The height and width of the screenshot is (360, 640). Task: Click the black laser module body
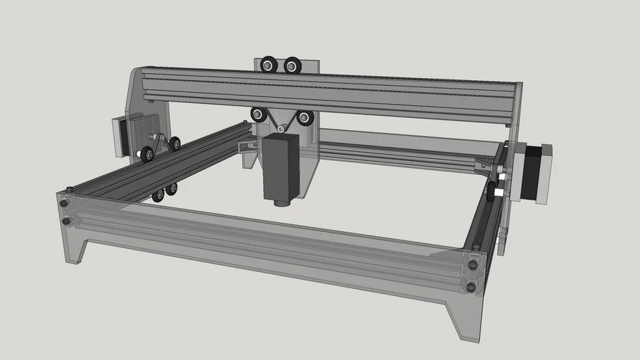pyautogui.click(x=281, y=167)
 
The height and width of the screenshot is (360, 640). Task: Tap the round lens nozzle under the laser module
pyautogui.click(x=281, y=203)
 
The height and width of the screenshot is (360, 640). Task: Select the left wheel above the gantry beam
pyautogui.click(x=269, y=65)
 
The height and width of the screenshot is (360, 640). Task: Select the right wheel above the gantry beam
pyautogui.click(x=292, y=66)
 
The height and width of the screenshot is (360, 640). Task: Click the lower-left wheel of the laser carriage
pyautogui.click(x=259, y=114)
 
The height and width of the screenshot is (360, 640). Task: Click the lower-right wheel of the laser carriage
pyautogui.click(x=305, y=117)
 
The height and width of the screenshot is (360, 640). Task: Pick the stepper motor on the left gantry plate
pyautogui.click(x=120, y=136)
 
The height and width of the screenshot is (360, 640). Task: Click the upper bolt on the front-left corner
pyautogui.click(x=65, y=204)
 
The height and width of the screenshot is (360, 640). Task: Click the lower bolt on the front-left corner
pyautogui.click(x=67, y=221)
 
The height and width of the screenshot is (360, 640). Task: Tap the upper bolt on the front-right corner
pyautogui.click(x=473, y=265)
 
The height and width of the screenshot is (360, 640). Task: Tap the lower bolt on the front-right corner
pyautogui.click(x=471, y=287)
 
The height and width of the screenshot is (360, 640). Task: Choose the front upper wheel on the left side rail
pyautogui.click(x=147, y=153)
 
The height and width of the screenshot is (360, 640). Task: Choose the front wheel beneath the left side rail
pyautogui.click(x=158, y=195)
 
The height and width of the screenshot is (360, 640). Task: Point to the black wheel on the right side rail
pyautogui.click(x=492, y=188)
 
